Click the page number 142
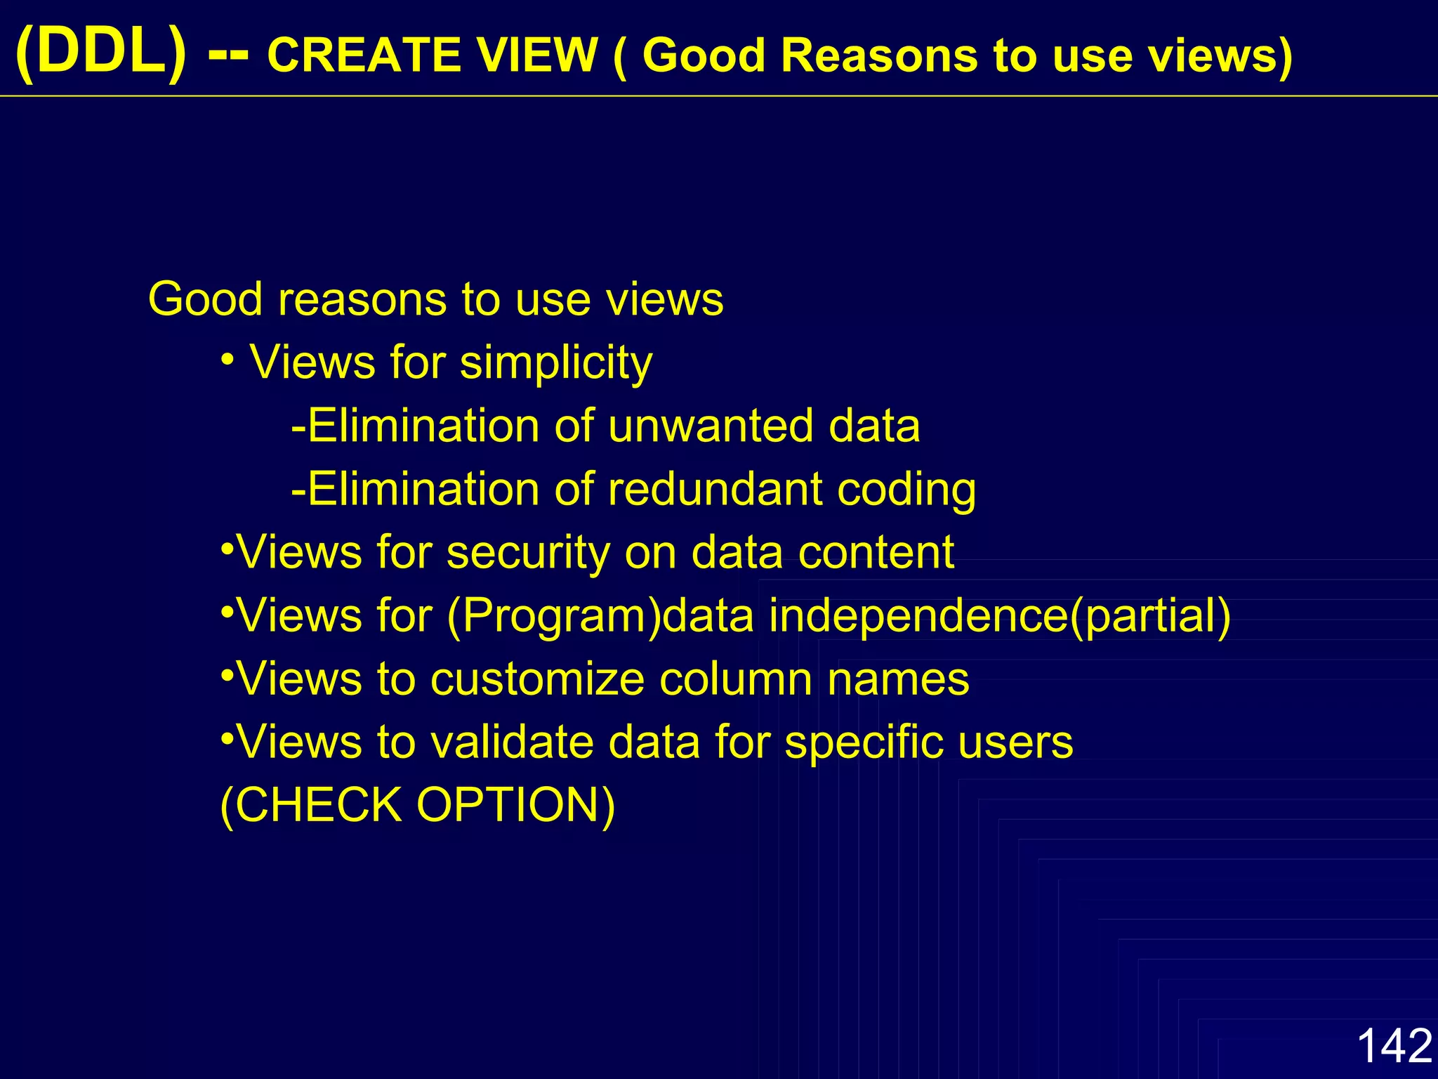coord(1394,1045)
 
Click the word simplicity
coord(556,364)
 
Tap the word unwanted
coord(711,426)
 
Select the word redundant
coord(715,489)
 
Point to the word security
coord(529,554)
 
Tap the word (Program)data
coord(600,617)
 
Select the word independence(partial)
coord(1000,617)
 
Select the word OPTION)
coord(516,805)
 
